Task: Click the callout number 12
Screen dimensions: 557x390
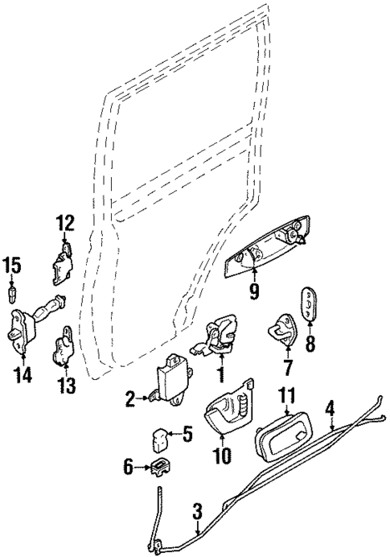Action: point(64,223)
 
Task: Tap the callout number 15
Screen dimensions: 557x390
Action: point(11,264)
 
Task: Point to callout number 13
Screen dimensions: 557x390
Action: point(66,387)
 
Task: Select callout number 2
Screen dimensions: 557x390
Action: point(129,397)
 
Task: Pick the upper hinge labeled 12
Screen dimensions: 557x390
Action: point(64,264)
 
